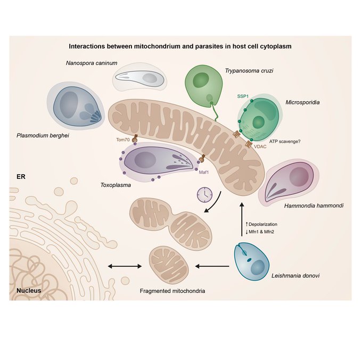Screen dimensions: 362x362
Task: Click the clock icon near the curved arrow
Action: [203, 195]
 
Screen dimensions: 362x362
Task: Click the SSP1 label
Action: [243, 96]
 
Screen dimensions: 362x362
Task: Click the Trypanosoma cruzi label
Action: [244, 69]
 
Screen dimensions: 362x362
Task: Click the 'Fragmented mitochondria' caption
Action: [171, 291]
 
